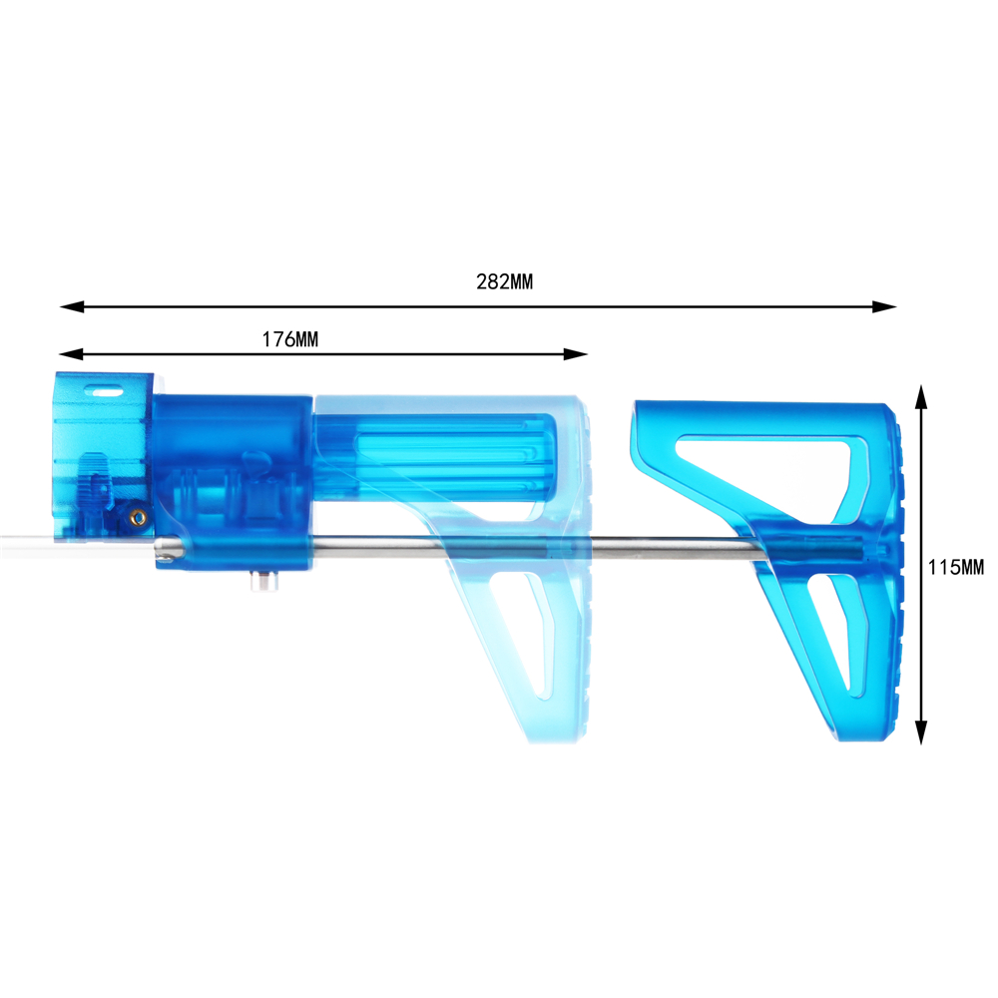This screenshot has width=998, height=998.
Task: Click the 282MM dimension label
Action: tap(504, 281)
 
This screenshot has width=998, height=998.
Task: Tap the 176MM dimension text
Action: tap(290, 339)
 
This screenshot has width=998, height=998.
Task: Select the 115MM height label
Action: tap(955, 567)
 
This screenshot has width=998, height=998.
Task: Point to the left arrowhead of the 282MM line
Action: tap(72, 306)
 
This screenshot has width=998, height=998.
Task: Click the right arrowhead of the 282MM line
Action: tap(884, 306)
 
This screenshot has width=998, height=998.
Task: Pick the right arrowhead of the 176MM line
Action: tap(576, 354)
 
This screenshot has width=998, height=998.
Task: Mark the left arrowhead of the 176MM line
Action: tap(71, 354)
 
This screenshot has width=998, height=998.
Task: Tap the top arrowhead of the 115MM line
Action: tap(921, 396)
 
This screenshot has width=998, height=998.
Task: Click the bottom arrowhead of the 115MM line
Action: tap(921, 732)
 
